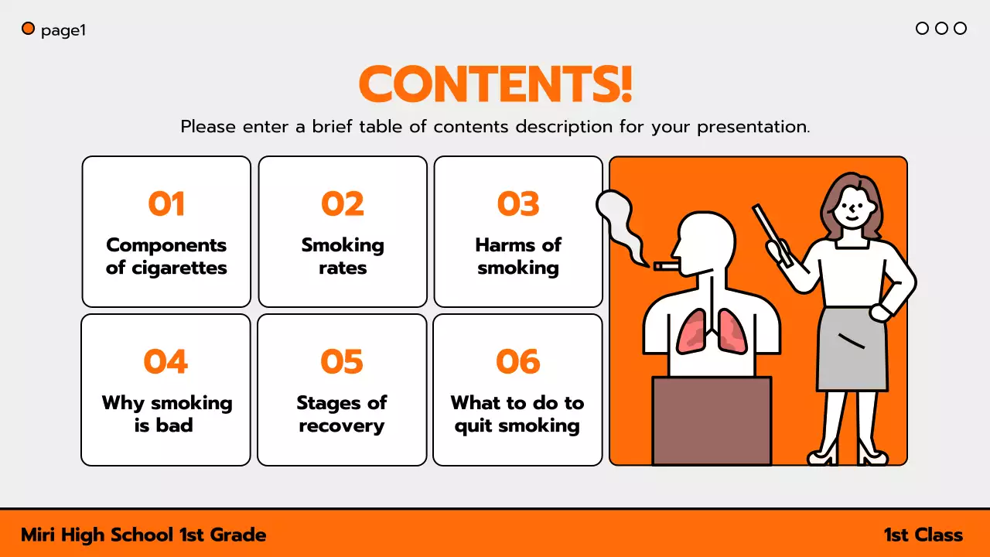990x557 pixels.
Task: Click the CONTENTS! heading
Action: click(x=495, y=85)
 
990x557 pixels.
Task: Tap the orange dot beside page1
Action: click(x=29, y=29)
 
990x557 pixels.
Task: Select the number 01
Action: click(x=166, y=204)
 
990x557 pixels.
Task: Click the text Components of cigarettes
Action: click(x=166, y=256)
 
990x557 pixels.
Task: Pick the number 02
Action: click(x=343, y=204)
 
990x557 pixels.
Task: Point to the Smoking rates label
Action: click(x=343, y=256)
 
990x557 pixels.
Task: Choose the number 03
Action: click(x=518, y=204)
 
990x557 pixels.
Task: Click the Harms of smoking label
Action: click(x=518, y=256)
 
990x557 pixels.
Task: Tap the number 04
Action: click(x=166, y=361)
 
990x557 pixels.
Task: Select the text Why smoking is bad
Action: click(x=166, y=414)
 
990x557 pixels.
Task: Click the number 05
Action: click(x=342, y=361)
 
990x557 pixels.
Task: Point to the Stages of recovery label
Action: click(x=342, y=414)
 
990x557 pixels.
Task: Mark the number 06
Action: click(x=517, y=361)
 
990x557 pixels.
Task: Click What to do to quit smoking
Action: click(x=517, y=414)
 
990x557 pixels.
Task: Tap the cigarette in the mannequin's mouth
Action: click(x=665, y=266)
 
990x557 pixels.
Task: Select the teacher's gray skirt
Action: click(x=852, y=348)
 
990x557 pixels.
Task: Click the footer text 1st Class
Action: click(x=923, y=535)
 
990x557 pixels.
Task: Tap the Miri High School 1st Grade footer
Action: click(x=144, y=535)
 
